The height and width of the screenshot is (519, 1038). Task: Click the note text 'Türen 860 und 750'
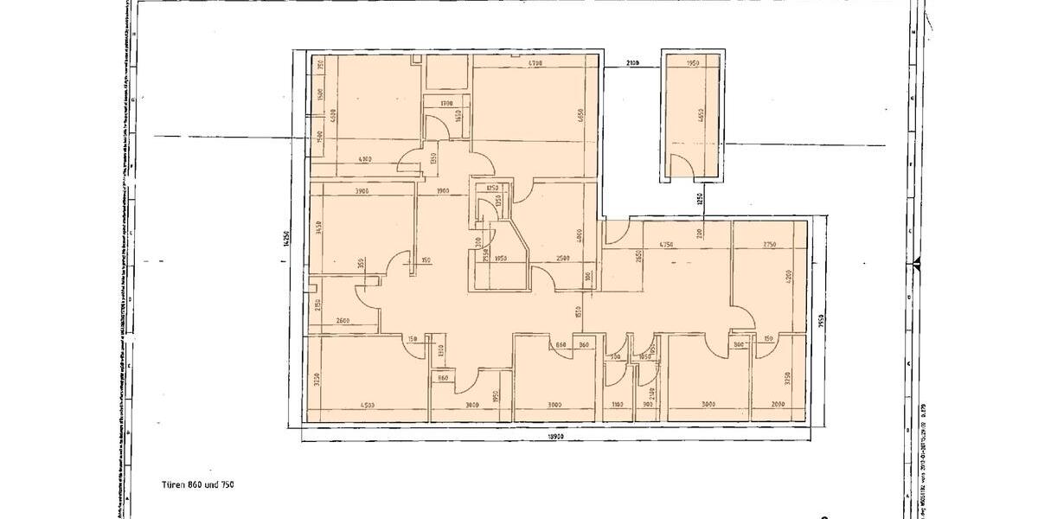coord(197,484)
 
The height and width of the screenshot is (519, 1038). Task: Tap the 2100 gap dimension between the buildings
coord(632,64)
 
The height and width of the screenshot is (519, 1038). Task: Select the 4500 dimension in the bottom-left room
coord(367,405)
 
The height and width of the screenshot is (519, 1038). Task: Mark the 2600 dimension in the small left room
coord(341,322)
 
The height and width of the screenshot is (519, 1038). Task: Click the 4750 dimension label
coord(666,246)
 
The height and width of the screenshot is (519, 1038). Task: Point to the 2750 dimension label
coord(769,246)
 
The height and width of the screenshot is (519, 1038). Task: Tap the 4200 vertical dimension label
coord(789,279)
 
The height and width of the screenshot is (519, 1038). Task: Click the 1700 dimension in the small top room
coord(446,104)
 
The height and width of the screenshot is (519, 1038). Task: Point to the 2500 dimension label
coord(562,259)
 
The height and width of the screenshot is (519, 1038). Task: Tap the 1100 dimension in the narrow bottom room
coord(616,405)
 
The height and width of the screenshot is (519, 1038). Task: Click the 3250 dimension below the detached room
coord(699,200)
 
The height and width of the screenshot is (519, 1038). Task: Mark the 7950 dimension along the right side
coord(820,322)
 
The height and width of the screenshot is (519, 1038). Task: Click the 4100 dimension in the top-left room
coord(364,159)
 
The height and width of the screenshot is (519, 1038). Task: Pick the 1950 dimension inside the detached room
coord(692,64)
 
